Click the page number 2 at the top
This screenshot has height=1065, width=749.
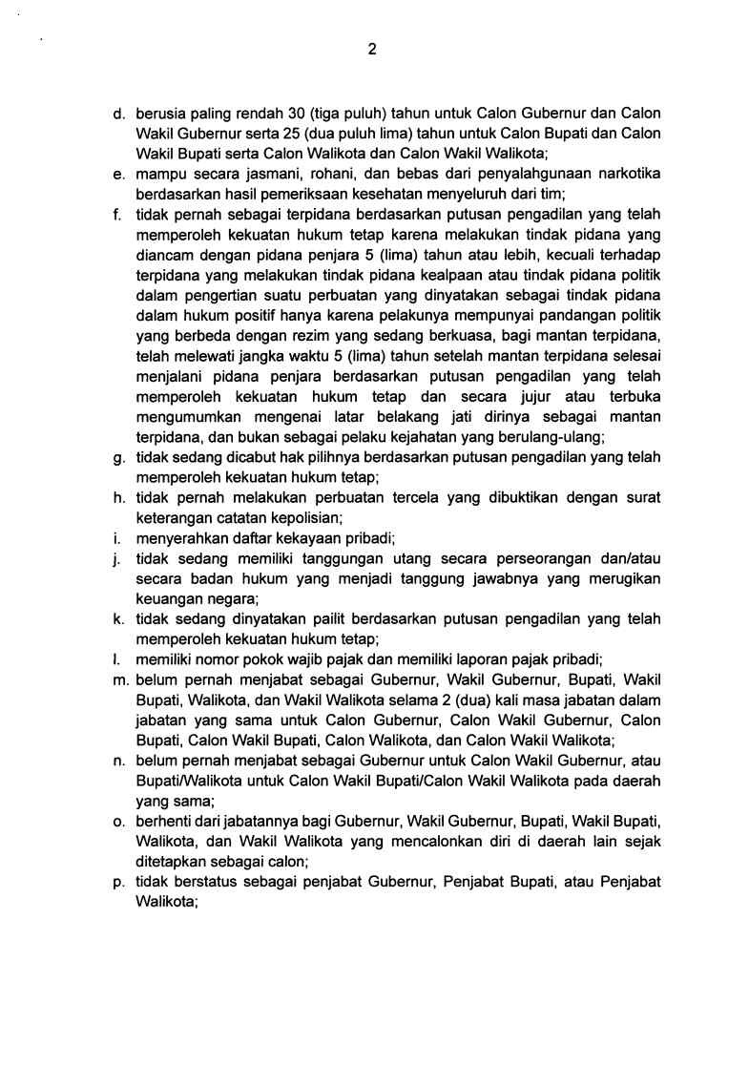point(372,51)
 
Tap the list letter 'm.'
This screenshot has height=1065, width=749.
point(120,679)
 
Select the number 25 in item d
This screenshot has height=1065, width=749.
point(285,135)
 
